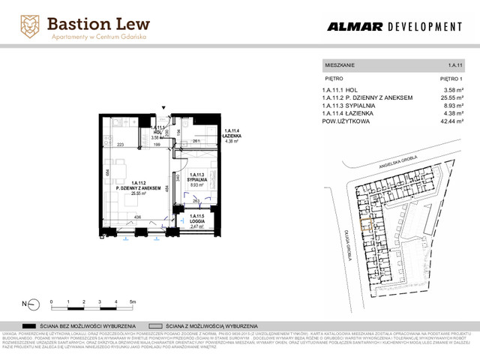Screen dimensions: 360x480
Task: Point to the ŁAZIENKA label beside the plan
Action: pyautogui.click(x=231, y=135)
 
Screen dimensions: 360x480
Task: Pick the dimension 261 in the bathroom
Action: pyautogui.click(x=196, y=140)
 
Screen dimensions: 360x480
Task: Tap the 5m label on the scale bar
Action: pyautogui.click(x=132, y=300)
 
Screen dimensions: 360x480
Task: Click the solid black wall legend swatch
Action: pyautogui.click(x=31, y=326)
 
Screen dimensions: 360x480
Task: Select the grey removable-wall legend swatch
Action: pyautogui.click(x=157, y=326)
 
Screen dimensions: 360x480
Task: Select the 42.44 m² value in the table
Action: pyautogui.click(x=451, y=119)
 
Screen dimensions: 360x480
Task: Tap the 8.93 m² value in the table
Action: pyautogui.click(x=452, y=105)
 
